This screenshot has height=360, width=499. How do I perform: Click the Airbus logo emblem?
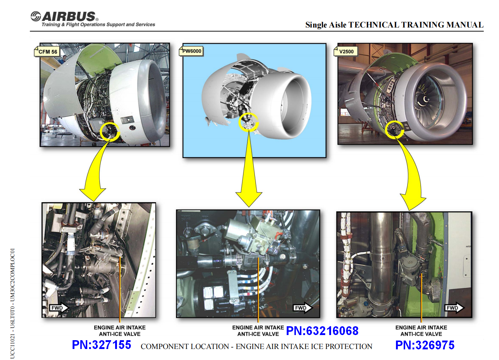click(36, 16)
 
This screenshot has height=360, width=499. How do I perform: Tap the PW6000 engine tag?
click(191, 51)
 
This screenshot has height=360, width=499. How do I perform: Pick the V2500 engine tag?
click(346, 51)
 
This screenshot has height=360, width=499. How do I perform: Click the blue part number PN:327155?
click(102, 345)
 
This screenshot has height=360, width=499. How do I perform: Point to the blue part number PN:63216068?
click(322, 331)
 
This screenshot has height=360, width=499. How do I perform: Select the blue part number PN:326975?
click(425, 345)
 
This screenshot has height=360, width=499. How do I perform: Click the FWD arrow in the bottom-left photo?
click(59, 308)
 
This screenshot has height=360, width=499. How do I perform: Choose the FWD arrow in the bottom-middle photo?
click(302, 308)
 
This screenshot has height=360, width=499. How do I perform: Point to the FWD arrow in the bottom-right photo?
click(454, 308)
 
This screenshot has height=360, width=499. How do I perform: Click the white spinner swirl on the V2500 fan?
click(423, 101)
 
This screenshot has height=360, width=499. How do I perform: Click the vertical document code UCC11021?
click(12, 347)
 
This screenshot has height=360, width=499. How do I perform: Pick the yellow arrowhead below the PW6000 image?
click(249, 199)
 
